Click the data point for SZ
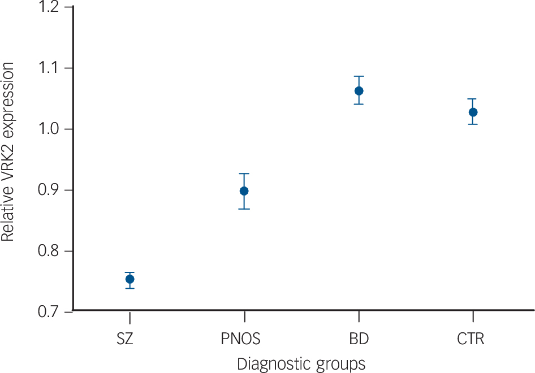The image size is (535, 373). pyautogui.click(x=130, y=279)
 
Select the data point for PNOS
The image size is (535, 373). pyautogui.click(x=244, y=191)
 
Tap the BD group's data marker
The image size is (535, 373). pyautogui.click(x=359, y=91)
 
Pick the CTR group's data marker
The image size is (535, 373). pyautogui.click(x=473, y=112)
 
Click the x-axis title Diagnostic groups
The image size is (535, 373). pyautogui.click(x=301, y=363)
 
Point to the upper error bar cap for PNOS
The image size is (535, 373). pyautogui.click(x=244, y=174)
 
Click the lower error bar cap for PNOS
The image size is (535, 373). pyautogui.click(x=244, y=209)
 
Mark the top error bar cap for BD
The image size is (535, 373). pyautogui.click(x=359, y=76)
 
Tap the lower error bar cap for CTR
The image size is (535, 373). pyautogui.click(x=473, y=124)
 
